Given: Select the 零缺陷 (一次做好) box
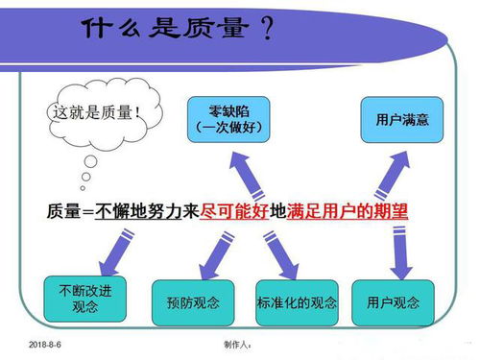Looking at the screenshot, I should click(228, 116).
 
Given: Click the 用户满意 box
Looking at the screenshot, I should click(396, 118).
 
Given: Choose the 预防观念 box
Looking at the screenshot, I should click(192, 303).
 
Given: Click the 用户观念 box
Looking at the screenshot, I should click(394, 302).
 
